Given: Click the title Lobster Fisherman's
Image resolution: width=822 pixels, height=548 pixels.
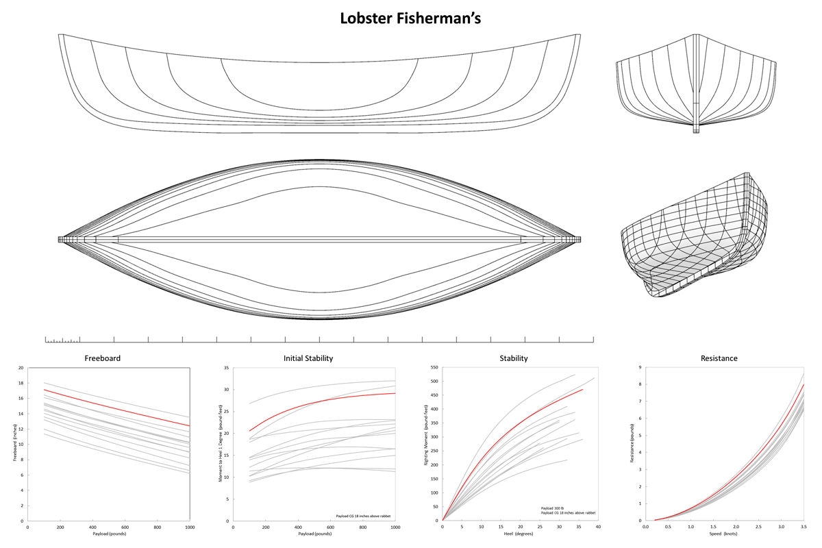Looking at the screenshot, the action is pos(410,18).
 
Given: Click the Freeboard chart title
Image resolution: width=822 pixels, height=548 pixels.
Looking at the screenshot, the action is pos(102,358).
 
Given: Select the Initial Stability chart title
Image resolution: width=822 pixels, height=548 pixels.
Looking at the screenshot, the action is pos(308,358).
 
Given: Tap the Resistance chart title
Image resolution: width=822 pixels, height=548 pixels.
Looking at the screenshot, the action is pos(719,358).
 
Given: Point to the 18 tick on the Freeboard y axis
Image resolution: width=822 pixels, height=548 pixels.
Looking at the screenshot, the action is pos(21,383).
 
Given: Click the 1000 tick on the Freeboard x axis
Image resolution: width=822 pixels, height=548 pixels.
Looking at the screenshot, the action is pos(190,527).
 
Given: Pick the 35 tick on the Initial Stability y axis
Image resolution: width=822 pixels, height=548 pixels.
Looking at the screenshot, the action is pos(227,368).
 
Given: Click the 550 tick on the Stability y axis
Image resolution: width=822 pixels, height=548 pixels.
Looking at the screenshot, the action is pos(434,367).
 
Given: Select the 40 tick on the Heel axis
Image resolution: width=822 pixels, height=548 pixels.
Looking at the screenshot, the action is pos(598,527).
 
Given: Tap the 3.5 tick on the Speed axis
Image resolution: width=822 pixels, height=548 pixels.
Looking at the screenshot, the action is pos(804,527).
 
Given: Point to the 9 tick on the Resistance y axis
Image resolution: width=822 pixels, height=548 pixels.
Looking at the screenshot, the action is pos(640,367).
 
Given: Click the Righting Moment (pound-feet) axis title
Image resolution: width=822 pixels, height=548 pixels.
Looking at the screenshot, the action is pos(426,435).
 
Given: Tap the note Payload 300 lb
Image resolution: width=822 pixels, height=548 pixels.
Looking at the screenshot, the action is pos(552,508).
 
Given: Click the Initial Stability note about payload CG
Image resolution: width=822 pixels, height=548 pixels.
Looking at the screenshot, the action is pos(363,516).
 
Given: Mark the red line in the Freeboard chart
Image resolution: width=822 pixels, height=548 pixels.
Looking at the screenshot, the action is pos(116,407).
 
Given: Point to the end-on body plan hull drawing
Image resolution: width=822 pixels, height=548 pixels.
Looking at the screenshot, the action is pos(696,84).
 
